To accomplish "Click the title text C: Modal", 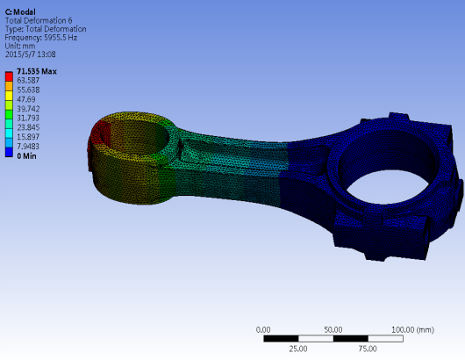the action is [20, 12].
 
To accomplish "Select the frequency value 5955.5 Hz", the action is [61, 38].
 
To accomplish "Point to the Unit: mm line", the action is [20, 46].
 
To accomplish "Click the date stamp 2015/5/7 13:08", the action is [30, 54].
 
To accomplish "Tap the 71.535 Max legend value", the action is [37, 71].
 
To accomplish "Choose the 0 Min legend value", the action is [26, 155].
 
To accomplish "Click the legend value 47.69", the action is [26, 99].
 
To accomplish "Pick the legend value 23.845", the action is [28, 127].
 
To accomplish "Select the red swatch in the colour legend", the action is [9, 76].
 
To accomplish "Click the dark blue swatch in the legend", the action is [9, 152].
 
